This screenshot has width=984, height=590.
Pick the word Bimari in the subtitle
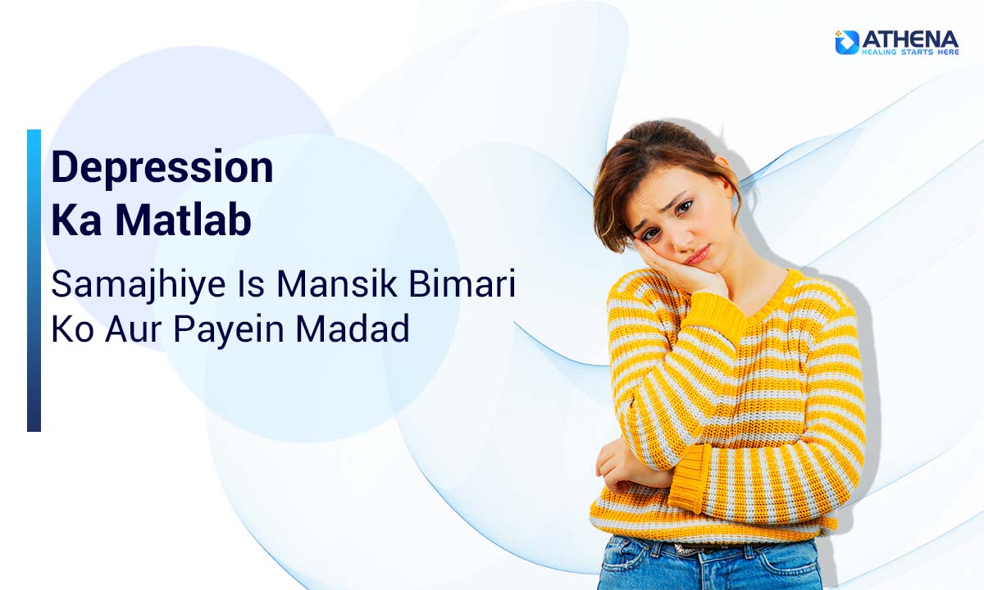tap(462, 284)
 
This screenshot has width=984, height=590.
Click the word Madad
tap(353, 328)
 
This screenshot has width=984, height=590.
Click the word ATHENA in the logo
tap(910, 40)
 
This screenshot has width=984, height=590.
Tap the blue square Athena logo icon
tap(847, 43)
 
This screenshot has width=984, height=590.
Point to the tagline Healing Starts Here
tap(910, 52)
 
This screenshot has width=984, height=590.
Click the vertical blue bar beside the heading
tap(34, 280)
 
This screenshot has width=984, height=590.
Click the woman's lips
tap(697, 255)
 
